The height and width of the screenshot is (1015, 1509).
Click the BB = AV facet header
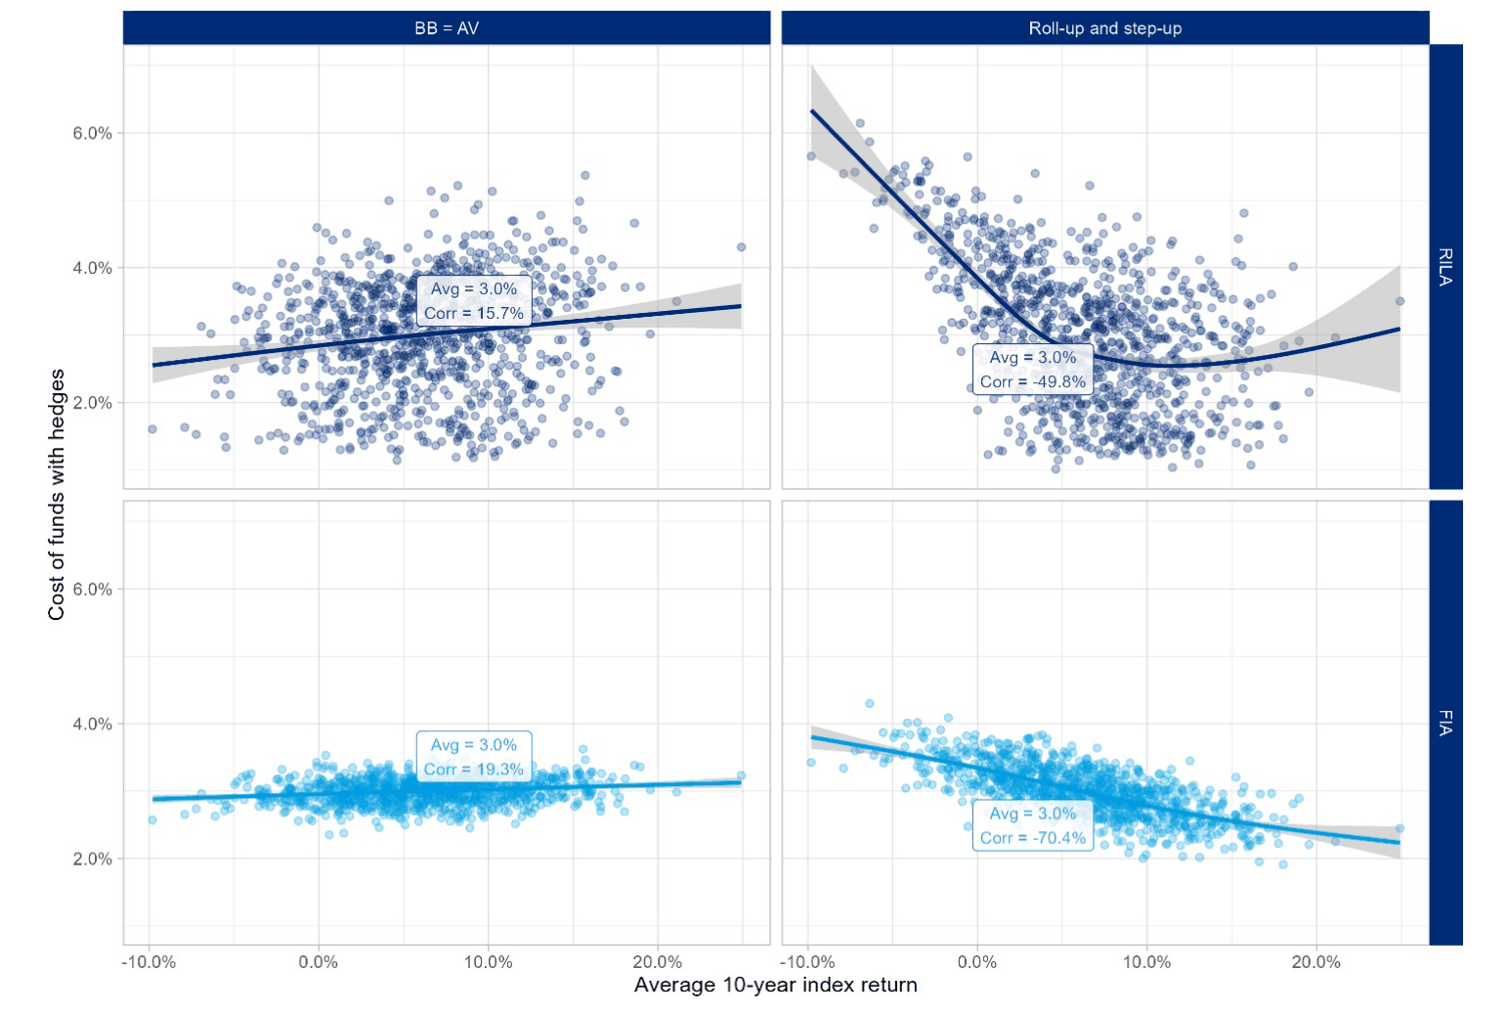[x=447, y=28]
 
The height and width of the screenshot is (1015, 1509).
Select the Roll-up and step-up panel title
[x=1104, y=28]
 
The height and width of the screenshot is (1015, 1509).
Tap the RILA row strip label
[x=1445, y=266]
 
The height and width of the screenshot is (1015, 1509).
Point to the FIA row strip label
[x=1445, y=723]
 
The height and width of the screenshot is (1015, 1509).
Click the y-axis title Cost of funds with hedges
[x=57, y=494]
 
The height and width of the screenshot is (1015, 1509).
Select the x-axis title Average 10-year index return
[x=775, y=985]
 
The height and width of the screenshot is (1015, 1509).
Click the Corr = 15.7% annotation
[x=474, y=313]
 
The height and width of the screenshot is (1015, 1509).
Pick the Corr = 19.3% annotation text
[x=474, y=770]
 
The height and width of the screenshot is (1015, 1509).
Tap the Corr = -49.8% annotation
[x=1033, y=381]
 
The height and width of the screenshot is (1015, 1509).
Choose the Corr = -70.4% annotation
[x=1033, y=838]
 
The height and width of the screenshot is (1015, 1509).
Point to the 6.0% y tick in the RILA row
[x=92, y=133]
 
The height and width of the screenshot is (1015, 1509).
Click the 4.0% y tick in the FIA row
[x=92, y=724]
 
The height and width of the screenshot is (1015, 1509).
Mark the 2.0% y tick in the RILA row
[x=92, y=403]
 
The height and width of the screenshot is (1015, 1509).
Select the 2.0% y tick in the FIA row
[x=92, y=859]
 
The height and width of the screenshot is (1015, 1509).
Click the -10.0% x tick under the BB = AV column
[x=149, y=962]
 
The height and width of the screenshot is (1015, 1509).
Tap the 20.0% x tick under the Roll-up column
[x=1315, y=962]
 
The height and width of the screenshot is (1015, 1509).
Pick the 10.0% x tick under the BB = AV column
[x=488, y=962]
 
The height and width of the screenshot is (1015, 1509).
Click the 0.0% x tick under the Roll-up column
[x=977, y=962]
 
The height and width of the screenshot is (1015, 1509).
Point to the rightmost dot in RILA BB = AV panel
[x=741, y=247]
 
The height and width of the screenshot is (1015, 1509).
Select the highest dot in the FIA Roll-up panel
[x=870, y=703]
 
